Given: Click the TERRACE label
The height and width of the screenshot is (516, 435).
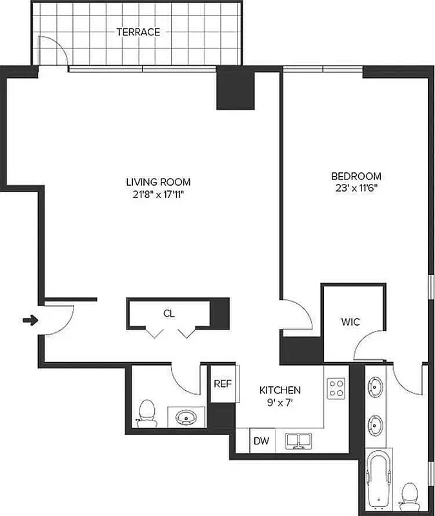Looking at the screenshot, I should coord(138,32).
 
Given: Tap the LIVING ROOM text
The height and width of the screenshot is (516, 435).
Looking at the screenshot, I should coord(158,182).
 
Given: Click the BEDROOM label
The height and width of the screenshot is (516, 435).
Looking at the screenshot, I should coord(356,176).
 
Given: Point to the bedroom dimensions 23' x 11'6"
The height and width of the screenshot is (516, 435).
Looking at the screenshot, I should coord(356,188).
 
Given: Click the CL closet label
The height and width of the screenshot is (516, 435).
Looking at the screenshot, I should coord(168,314).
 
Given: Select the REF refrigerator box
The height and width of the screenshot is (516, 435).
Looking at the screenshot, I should coord(223,384).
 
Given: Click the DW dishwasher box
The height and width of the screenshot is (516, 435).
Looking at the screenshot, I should coord(261,442).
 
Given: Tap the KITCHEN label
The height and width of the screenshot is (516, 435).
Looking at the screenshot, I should coord(280,390).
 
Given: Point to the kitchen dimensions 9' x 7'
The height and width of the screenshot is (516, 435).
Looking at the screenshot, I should coord(280,402).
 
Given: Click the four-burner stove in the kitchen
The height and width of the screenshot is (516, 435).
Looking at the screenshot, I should coord(336,388).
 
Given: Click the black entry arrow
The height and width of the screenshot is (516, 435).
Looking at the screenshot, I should coord(29,319).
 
